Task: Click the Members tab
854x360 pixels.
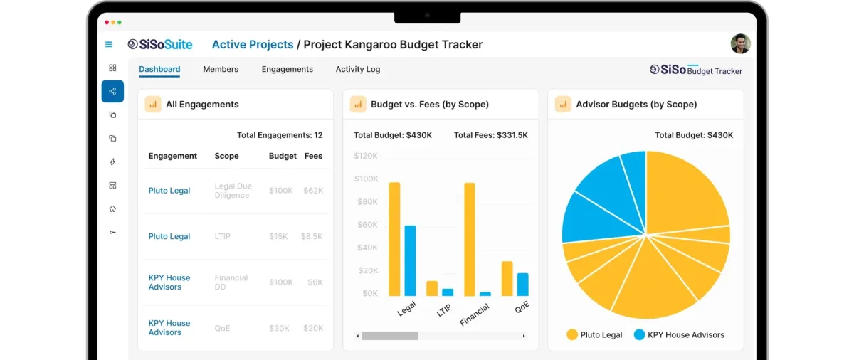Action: click(x=221, y=69)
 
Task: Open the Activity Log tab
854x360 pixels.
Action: click(x=357, y=69)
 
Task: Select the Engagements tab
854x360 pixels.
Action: click(x=287, y=69)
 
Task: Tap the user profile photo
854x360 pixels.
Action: click(x=740, y=44)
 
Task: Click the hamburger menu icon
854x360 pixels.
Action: click(x=109, y=44)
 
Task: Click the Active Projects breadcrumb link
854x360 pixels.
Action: click(x=253, y=44)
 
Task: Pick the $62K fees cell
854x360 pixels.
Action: click(x=313, y=191)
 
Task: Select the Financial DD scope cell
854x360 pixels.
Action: click(x=231, y=282)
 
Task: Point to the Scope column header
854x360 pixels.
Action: click(x=226, y=156)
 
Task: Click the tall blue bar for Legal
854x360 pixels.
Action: click(x=410, y=260)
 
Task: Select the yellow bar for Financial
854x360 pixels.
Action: click(x=470, y=239)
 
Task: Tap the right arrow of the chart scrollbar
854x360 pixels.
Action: click(x=524, y=336)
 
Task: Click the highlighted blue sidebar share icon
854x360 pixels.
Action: click(x=112, y=91)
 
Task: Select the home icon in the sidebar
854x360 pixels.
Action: click(x=112, y=209)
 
